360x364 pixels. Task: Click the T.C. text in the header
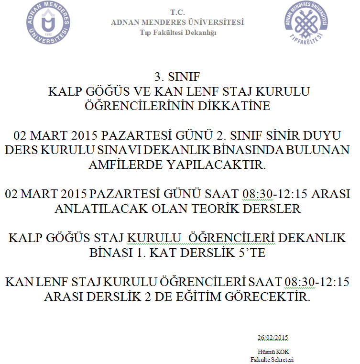(x=177, y=12)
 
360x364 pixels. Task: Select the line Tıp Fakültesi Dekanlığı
(x=178, y=33)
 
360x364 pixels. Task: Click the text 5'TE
(x=252, y=253)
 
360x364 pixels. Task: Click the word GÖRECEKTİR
(x=272, y=297)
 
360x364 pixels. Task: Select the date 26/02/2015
(x=273, y=338)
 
